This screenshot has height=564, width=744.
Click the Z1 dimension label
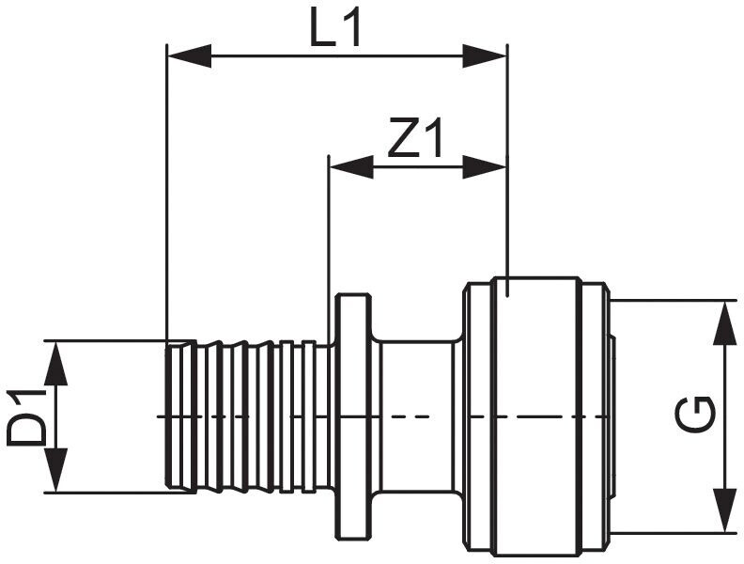[x=415, y=137]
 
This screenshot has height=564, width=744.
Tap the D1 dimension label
[x=26, y=416]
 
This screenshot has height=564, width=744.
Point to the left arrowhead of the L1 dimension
[x=190, y=56]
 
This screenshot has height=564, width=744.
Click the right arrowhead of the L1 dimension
[x=485, y=56]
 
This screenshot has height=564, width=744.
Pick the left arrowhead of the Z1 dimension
[x=351, y=167]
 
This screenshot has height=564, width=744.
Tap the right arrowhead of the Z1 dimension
[x=485, y=167]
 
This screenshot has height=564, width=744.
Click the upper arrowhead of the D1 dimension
[x=56, y=363]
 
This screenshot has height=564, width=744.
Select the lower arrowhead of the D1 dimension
[x=56, y=470]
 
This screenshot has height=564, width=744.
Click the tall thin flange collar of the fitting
[x=353, y=416]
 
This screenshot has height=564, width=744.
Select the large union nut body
[x=536, y=416]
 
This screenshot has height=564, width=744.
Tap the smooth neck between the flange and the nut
[x=417, y=416]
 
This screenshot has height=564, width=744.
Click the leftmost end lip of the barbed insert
[x=181, y=416]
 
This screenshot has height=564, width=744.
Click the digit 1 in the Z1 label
[x=434, y=137]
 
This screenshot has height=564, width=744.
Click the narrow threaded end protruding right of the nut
[x=613, y=416]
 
